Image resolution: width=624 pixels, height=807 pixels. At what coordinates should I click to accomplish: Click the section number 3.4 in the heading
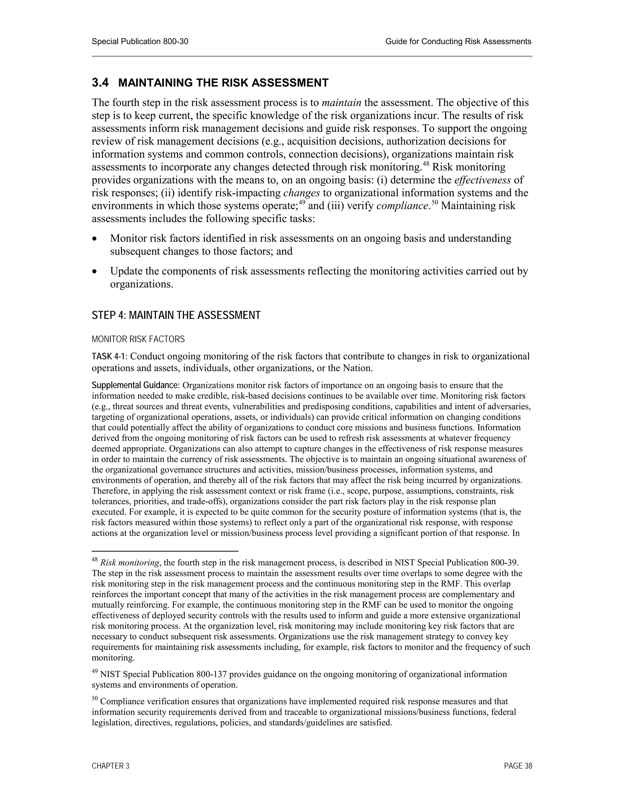100,83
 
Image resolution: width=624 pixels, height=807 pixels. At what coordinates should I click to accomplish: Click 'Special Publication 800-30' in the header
140,41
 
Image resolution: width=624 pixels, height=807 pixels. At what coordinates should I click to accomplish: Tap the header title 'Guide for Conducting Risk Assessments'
458,41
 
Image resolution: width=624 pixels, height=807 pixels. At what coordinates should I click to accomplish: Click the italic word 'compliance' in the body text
402,206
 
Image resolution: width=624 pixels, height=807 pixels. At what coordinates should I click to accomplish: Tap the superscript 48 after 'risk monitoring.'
426,164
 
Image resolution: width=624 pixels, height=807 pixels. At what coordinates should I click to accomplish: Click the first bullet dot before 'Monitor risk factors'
95,239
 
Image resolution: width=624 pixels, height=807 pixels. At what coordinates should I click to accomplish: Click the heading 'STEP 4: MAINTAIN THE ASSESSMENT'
176,315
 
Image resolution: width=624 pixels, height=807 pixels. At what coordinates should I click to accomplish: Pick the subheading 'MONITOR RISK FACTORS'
138,339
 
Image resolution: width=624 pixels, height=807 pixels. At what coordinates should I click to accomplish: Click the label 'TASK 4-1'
109,357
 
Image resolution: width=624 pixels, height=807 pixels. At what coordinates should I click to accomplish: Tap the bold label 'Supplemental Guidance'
135,386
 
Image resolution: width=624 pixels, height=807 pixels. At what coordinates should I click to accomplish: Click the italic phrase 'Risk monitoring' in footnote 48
130,563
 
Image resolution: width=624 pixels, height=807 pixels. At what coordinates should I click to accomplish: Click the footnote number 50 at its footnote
95,699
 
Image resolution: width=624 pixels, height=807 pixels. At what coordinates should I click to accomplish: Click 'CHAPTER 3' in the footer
111,766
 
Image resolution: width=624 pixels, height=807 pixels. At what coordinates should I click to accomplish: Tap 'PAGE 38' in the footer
518,766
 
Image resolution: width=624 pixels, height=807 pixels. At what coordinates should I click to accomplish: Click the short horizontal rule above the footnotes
165,551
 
